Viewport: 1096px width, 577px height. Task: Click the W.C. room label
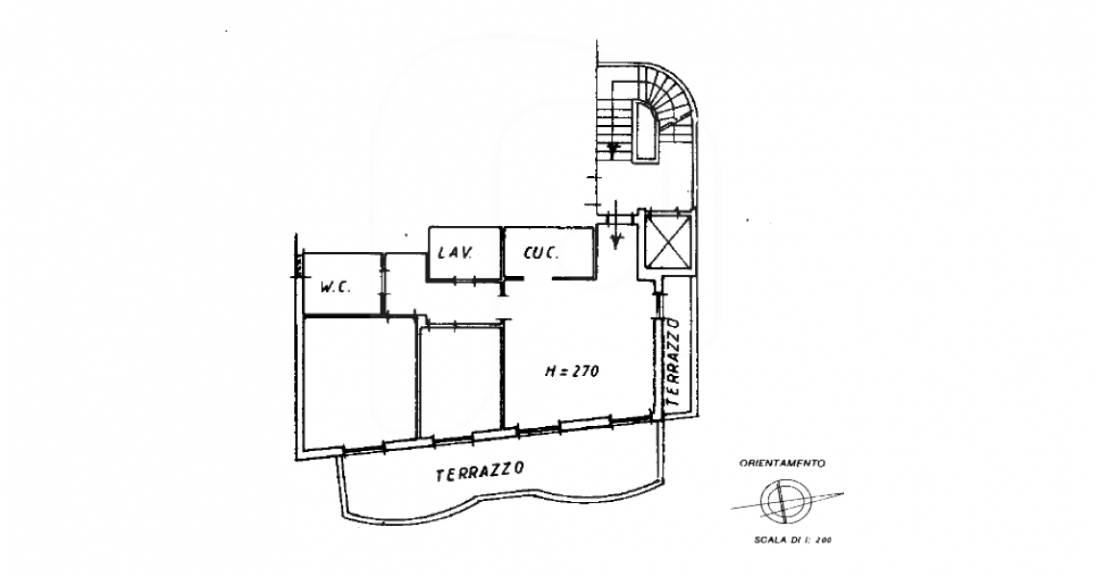tap(336, 287)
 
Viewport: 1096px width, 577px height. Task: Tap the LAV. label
tap(456, 253)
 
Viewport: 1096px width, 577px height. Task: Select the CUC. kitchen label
tap(541, 253)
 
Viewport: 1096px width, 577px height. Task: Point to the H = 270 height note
tap(571, 371)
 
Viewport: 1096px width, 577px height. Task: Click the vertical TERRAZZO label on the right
tap(674, 363)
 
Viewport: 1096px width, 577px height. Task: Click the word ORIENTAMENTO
tap(783, 463)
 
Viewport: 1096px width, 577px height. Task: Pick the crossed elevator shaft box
tap(668, 242)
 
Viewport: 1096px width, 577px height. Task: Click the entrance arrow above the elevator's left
tap(615, 225)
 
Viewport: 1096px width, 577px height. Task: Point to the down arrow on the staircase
tap(613, 148)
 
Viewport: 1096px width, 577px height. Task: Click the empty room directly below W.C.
tap(360, 381)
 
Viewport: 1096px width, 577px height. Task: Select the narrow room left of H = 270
tap(461, 378)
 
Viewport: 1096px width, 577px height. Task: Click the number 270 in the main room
tap(585, 371)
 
